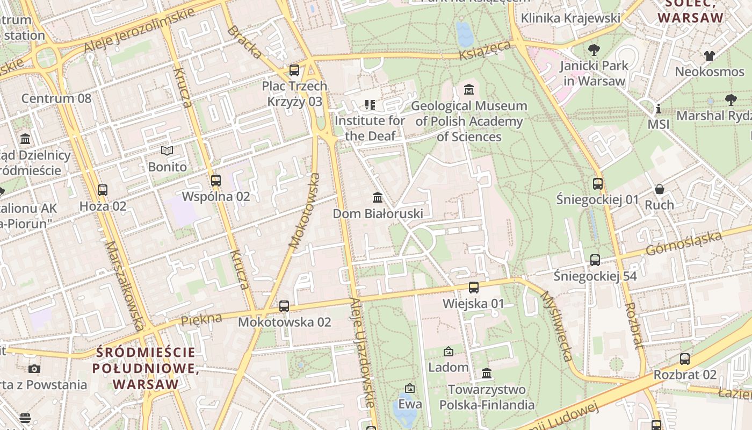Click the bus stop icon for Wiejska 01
point(473,288)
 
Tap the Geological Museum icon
point(469,89)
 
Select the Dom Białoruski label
point(378,213)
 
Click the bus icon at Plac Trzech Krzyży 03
point(294,70)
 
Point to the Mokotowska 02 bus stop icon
point(284,306)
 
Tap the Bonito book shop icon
point(168,151)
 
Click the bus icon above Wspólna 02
point(216,181)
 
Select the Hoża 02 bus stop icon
point(103,190)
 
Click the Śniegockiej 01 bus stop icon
point(598,184)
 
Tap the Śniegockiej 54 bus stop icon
point(595,260)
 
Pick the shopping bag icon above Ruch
point(659,189)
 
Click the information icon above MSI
point(659,109)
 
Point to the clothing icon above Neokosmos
point(710,55)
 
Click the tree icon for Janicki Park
point(594,50)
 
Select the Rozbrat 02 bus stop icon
point(685,359)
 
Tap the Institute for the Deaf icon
point(370,105)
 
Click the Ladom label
point(448,368)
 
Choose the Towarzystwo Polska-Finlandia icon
point(487,373)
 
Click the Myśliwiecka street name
point(556,326)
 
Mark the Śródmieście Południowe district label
point(146,368)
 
